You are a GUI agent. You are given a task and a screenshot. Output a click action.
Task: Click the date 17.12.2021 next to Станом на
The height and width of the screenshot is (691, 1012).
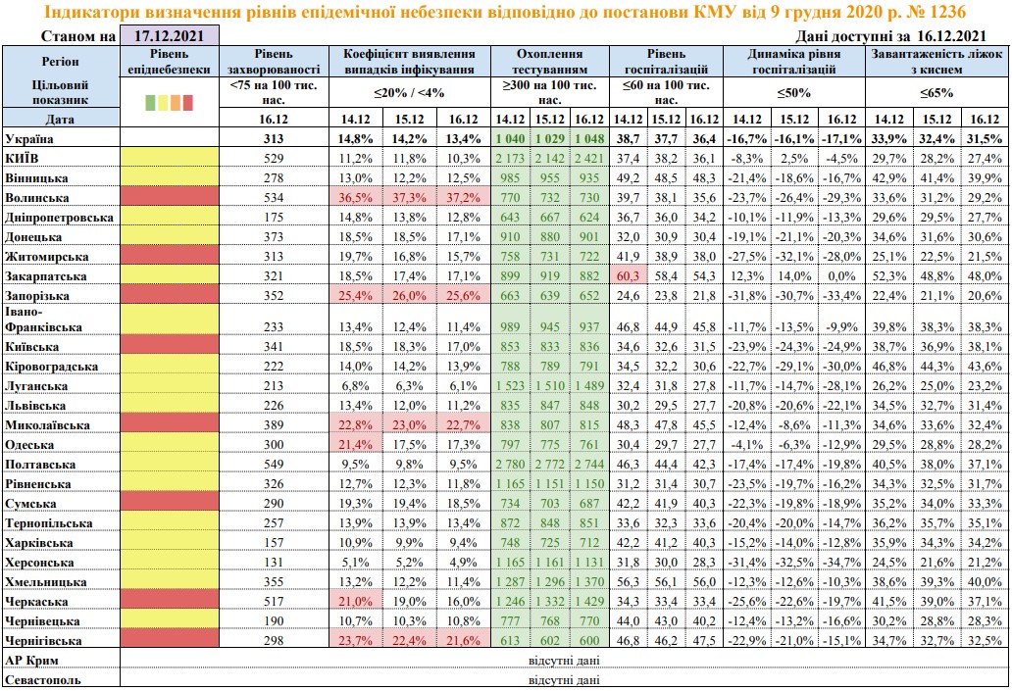point(169,36)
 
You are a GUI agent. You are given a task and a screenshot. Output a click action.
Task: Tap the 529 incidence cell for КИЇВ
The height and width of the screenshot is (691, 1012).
point(274,158)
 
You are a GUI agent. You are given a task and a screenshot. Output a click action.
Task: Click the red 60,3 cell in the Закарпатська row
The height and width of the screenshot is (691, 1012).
point(628,276)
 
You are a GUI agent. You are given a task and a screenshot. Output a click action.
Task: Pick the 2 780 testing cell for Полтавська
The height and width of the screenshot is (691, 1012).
point(510,465)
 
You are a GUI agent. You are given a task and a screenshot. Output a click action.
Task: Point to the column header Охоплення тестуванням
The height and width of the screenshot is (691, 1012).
point(550,62)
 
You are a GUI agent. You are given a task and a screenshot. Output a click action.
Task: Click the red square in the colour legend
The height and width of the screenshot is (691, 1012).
point(188,102)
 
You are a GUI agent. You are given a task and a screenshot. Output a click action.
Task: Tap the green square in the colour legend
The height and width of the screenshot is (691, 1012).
point(150,102)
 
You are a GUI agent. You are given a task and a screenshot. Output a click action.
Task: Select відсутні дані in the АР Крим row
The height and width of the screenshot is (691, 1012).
point(564,661)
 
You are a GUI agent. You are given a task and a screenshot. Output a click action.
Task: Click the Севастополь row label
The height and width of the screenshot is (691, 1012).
point(43,680)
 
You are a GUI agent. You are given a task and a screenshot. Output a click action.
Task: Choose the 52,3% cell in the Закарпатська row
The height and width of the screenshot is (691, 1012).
point(888,276)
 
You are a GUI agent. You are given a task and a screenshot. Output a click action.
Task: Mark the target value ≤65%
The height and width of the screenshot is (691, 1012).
point(936,93)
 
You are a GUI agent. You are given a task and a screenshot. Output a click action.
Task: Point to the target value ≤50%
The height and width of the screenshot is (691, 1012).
point(794,93)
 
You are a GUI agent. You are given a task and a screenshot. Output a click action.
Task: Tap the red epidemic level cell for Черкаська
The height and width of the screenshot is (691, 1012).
point(170,602)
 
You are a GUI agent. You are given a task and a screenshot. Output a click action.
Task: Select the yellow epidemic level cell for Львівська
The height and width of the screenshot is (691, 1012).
point(170,405)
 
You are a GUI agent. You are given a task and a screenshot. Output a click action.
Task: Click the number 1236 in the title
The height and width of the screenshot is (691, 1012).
point(947,12)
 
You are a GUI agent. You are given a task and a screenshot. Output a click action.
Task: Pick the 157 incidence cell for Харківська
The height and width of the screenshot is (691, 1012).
point(274,543)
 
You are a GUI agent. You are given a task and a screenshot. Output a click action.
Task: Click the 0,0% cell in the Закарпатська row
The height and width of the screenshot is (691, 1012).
point(841,276)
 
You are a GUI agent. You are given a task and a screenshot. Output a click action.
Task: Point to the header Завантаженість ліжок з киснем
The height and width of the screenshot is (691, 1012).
point(937,62)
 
